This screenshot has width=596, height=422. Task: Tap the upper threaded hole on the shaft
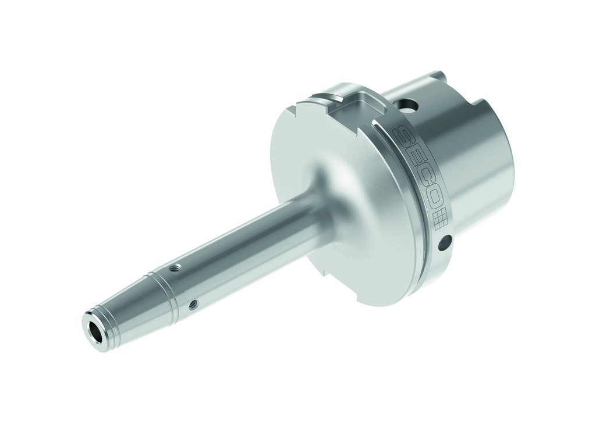pyautogui.click(x=172, y=269)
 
